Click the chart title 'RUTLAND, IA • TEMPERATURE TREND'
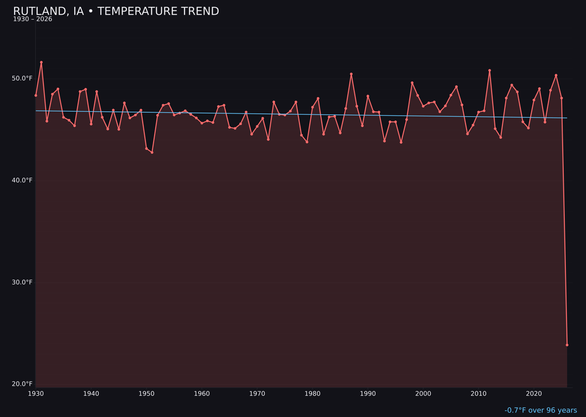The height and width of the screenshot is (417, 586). (116, 11)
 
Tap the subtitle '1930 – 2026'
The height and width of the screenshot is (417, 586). (33, 20)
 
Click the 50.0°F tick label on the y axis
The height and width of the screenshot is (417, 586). (22, 78)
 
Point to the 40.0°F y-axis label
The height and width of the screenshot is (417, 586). (22, 180)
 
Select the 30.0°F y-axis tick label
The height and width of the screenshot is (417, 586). (22, 282)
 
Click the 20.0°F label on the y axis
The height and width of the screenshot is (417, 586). (22, 384)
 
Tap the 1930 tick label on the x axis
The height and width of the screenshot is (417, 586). (36, 394)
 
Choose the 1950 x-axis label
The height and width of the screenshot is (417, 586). (146, 394)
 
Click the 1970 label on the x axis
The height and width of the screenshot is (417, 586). (257, 394)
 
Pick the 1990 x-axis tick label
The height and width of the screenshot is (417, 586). (368, 394)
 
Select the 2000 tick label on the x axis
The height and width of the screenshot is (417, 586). (423, 394)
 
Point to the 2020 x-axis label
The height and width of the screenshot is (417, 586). (534, 394)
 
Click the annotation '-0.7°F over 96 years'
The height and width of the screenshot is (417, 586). (540, 410)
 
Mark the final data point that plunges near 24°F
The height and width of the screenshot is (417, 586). (567, 345)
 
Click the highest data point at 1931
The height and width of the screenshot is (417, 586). (41, 62)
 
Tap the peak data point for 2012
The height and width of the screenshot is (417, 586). (489, 71)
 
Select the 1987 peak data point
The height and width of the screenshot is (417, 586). (351, 74)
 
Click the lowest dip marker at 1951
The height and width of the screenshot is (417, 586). (152, 153)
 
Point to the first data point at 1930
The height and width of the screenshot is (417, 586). (36, 96)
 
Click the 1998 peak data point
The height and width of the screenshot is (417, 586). (412, 83)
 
